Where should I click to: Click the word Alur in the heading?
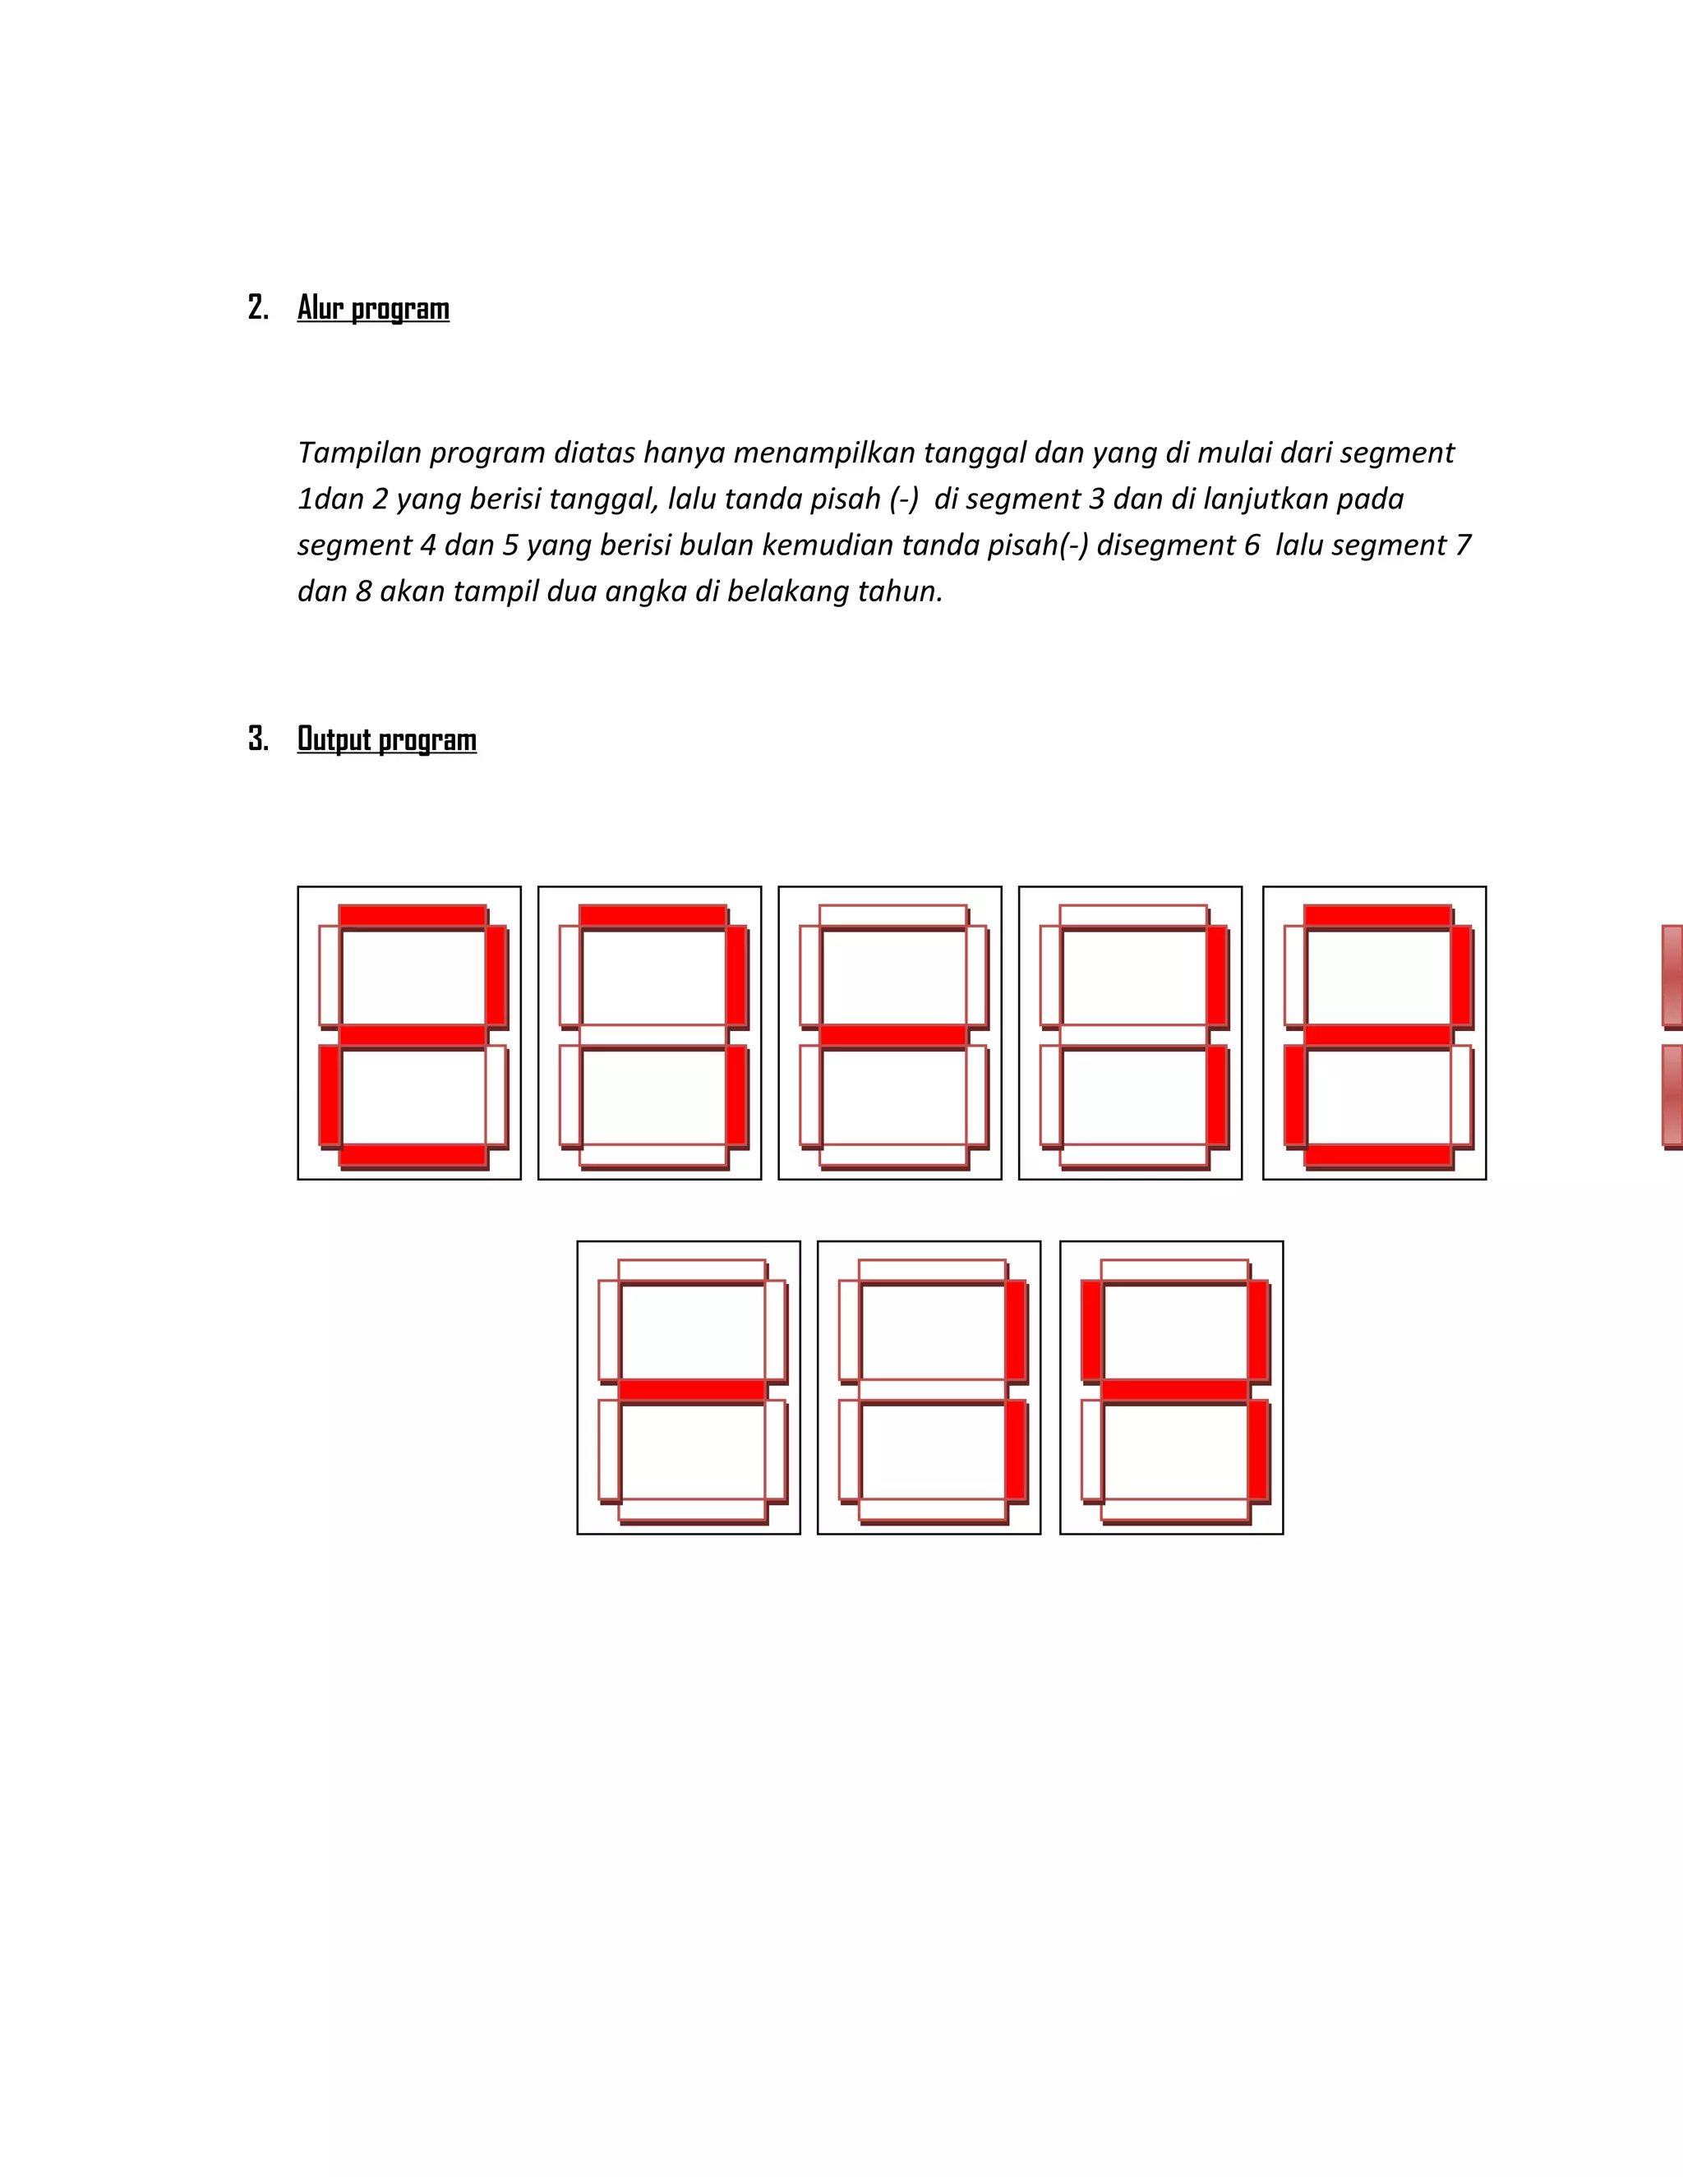coord(318,308)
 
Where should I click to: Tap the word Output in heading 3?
coord(333,739)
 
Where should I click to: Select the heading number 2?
coord(257,308)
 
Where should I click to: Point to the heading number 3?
coord(257,739)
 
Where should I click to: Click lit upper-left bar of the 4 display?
coord(1092,1330)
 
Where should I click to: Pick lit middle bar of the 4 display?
coord(1174,1389)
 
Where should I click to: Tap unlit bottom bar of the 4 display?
coord(1174,1510)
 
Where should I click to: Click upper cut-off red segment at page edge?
coord(1672,976)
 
